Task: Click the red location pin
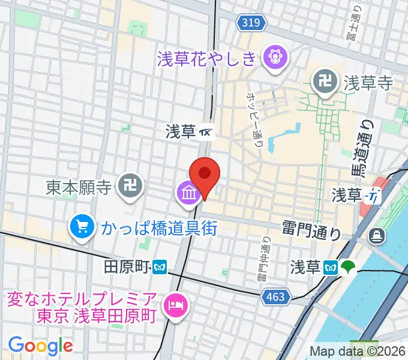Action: [205, 175]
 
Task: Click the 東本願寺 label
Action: [79, 188]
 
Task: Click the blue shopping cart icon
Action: [80, 227]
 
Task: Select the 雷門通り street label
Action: [312, 229]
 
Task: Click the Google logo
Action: [40, 345]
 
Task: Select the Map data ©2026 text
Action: [358, 352]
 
